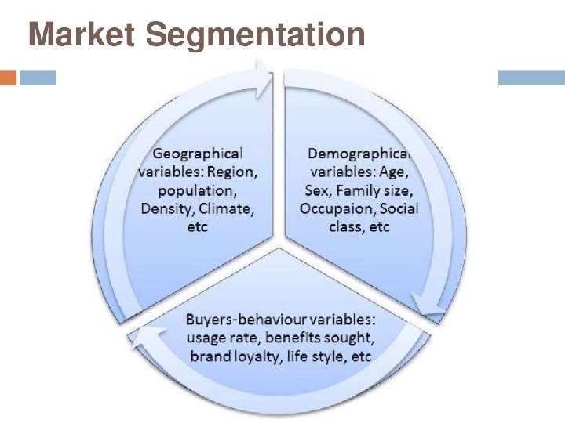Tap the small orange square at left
point(8,78)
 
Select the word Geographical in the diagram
point(198,154)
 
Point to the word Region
point(232,172)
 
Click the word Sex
point(316,190)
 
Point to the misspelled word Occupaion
point(338,209)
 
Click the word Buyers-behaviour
point(238,320)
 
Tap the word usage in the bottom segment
point(207,338)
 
